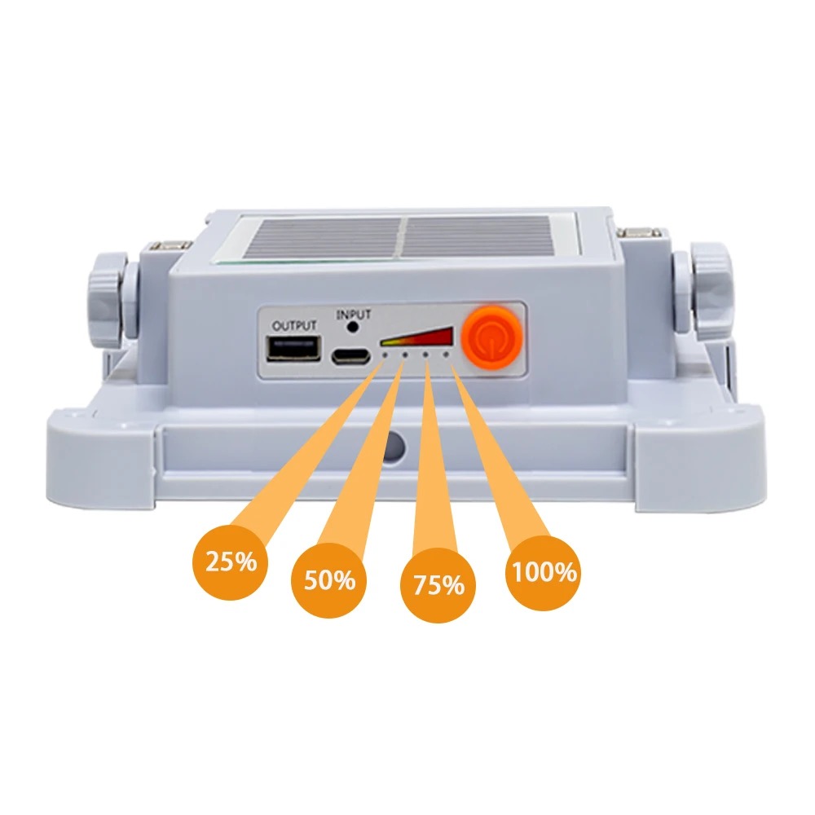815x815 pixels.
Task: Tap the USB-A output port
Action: [293, 348]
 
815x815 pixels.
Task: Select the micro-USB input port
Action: [350, 357]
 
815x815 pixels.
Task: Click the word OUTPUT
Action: [294, 326]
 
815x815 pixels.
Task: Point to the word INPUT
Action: [354, 315]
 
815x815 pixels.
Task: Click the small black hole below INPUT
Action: [354, 328]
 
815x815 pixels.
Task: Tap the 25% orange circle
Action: [231, 562]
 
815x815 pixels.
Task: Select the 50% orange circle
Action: [329, 580]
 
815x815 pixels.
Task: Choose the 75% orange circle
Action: [438, 584]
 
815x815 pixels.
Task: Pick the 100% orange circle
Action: [544, 572]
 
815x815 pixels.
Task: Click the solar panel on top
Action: [405, 238]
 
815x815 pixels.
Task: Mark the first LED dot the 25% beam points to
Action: [385, 355]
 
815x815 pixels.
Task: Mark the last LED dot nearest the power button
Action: [446, 355]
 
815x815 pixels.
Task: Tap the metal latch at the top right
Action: [641, 233]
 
